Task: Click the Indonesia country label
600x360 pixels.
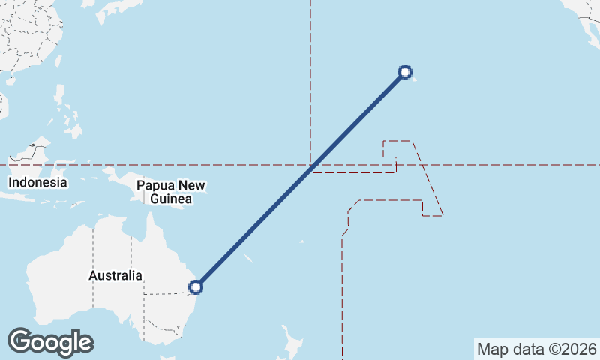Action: click(37, 182)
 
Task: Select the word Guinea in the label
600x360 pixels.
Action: click(172, 199)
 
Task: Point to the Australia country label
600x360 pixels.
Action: click(115, 275)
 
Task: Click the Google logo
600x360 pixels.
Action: click(50, 342)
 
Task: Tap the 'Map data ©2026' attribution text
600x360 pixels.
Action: click(537, 349)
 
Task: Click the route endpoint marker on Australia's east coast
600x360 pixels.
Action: click(196, 286)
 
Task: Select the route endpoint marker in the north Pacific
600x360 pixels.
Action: click(405, 72)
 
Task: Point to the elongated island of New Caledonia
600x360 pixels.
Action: click(247, 258)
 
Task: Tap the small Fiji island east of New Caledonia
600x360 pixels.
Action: click(301, 241)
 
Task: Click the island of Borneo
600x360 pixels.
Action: click(30, 154)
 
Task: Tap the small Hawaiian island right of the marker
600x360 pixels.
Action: click(415, 78)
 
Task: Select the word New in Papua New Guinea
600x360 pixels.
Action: click(191, 186)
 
